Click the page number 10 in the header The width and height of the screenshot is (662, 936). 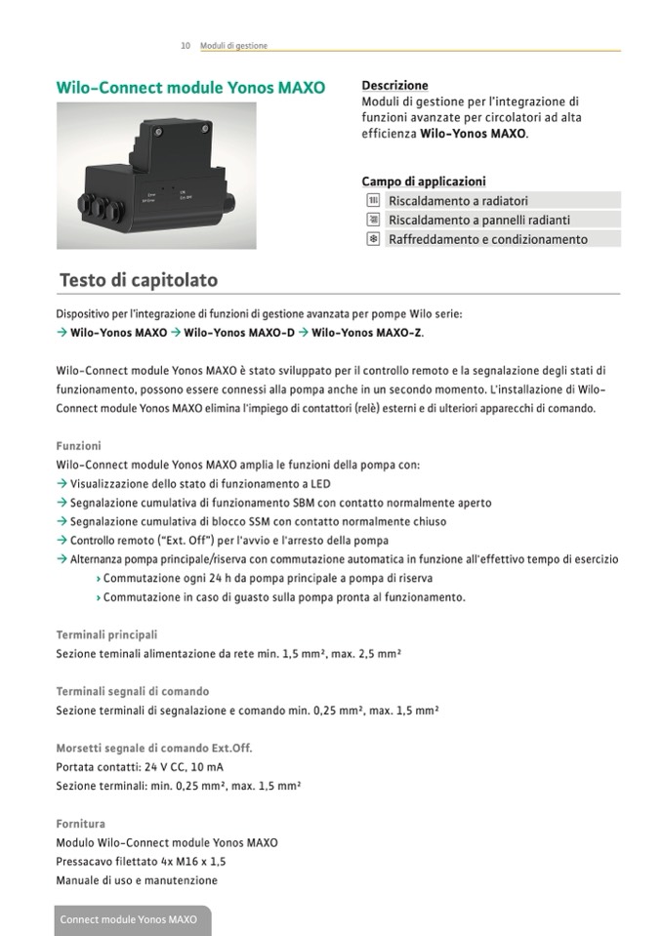(x=186, y=46)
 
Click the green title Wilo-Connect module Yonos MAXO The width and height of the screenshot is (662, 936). (x=190, y=87)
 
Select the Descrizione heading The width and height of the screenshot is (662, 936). (x=394, y=86)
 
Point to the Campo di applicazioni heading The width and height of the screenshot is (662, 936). (x=423, y=182)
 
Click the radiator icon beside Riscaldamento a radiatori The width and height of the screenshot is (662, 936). (x=372, y=200)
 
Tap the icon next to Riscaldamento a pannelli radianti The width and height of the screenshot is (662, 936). (x=372, y=220)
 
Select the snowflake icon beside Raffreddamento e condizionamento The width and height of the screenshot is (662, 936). (x=372, y=239)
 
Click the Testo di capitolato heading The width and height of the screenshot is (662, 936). (x=138, y=280)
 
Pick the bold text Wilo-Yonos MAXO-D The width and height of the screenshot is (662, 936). (x=239, y=333)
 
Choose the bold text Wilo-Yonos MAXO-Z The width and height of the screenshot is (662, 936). (x=367, y=333)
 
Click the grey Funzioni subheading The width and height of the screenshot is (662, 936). (x=78, y=446)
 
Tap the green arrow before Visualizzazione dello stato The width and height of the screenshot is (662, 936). (x=62, y=484)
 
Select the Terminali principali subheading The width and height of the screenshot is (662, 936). (x=106, y=634)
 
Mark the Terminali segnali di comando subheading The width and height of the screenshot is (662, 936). (x=132, y=692)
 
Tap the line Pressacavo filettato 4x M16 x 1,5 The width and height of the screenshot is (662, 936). (x=141, y=862)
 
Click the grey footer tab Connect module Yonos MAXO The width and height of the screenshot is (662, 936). (x=129, y=919)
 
